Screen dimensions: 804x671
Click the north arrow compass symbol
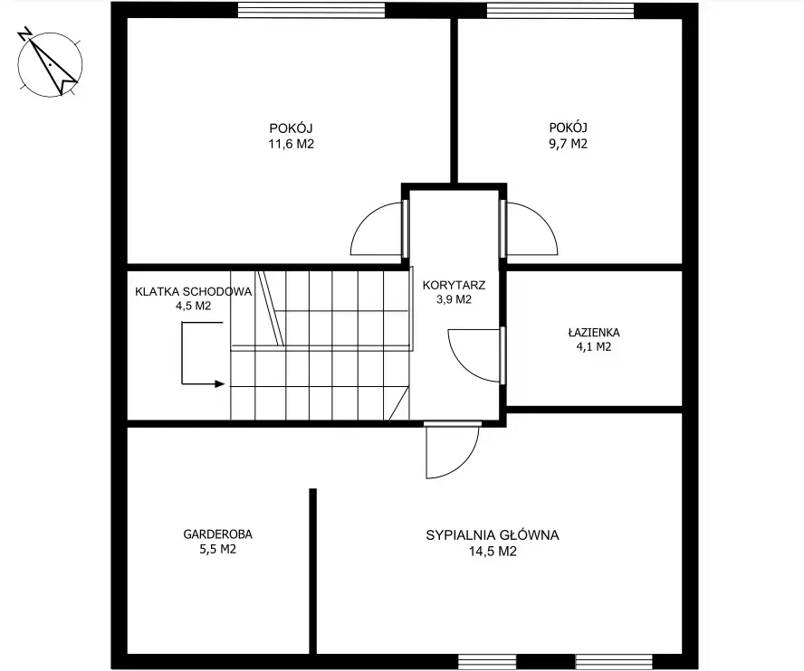pyautogui.click(x=50, y=64)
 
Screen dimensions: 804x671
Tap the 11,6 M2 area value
pyautogui.click(x=292, y=144)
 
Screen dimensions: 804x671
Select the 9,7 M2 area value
pyautogui.click(x=568, y=144)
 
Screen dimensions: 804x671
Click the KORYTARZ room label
pyautogui.click(x=454, y=285)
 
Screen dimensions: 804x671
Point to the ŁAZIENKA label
pyautogui.click(x=594, y=333)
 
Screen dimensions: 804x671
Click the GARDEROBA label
pyautogui.click(x=218, y=534)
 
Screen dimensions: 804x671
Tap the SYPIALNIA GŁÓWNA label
pyautogui.click(x=493, y=535)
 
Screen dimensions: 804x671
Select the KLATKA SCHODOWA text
pyautogui.click(x=194, y=292)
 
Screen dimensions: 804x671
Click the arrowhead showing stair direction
pyautogui.click(x=220, y=383)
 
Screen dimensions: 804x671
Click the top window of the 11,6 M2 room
pyautogui.click(x=311, y=10)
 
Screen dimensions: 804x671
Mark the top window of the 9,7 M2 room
pyautogui.click(x=560, y=11)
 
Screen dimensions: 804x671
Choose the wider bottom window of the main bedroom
pyautogui.click(x=614, y=661)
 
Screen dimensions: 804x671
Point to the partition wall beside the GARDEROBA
pyautogui.click(x=312, y=572)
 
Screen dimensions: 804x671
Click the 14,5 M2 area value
pyautogui.click(x=493, y=552)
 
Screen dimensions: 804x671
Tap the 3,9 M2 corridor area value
pyautogui.click(x=454, y=299)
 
